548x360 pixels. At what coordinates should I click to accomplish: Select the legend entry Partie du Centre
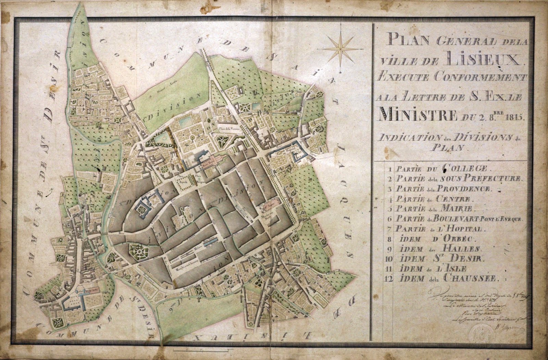pyautogui.click(x=433, y=198)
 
